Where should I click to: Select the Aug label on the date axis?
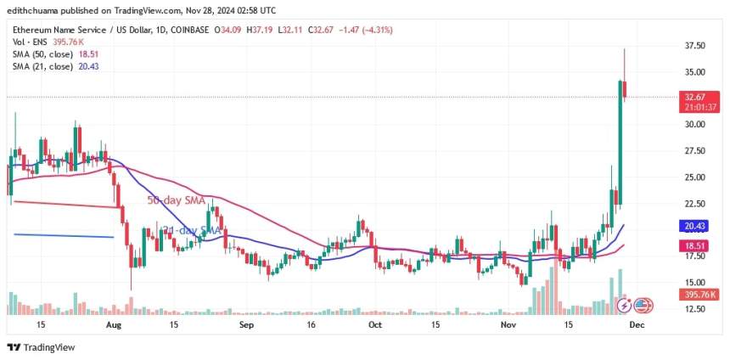(111, 324)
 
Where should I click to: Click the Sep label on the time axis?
(247, 324)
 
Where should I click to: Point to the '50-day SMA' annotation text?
(177, 200)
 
